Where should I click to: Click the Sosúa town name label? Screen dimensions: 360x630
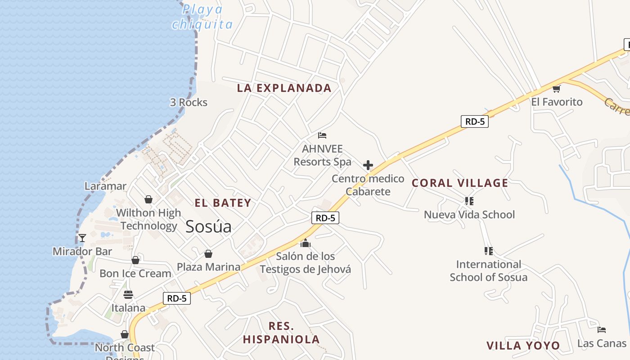coord(208,226)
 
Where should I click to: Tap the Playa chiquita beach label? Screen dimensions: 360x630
coord(202,17)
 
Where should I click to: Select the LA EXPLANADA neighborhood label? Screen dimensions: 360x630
coord(284,88)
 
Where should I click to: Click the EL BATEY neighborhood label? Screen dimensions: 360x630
coord(223,203)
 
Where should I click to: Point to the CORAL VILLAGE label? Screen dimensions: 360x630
coord(460,183)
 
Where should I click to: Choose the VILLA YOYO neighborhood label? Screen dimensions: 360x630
coord(523,346)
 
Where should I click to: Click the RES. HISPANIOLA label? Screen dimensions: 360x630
coord(281,333)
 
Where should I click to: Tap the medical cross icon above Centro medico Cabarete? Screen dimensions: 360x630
coord(368,165)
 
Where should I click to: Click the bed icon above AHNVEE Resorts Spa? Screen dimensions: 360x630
coord(322,135)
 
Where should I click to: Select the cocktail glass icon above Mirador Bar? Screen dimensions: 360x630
coord(82,238)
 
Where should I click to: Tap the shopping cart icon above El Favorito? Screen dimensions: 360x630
coord(557,89)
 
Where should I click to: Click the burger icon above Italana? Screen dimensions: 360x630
coord(128,295)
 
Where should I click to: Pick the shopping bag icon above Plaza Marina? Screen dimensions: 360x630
coord(208,254)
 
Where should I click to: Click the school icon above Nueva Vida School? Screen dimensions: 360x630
coord(469,201)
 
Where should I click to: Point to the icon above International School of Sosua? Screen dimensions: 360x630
coord(488,251)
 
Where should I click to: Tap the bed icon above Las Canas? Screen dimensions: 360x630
coord(602,330)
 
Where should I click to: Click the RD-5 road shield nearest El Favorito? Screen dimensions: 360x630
coord(474,121)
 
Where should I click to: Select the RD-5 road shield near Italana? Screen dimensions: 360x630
coord(177,298)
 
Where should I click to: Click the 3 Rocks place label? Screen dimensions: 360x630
coord(189,103)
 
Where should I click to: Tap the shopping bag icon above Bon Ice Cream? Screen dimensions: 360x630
coord(135,260)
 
